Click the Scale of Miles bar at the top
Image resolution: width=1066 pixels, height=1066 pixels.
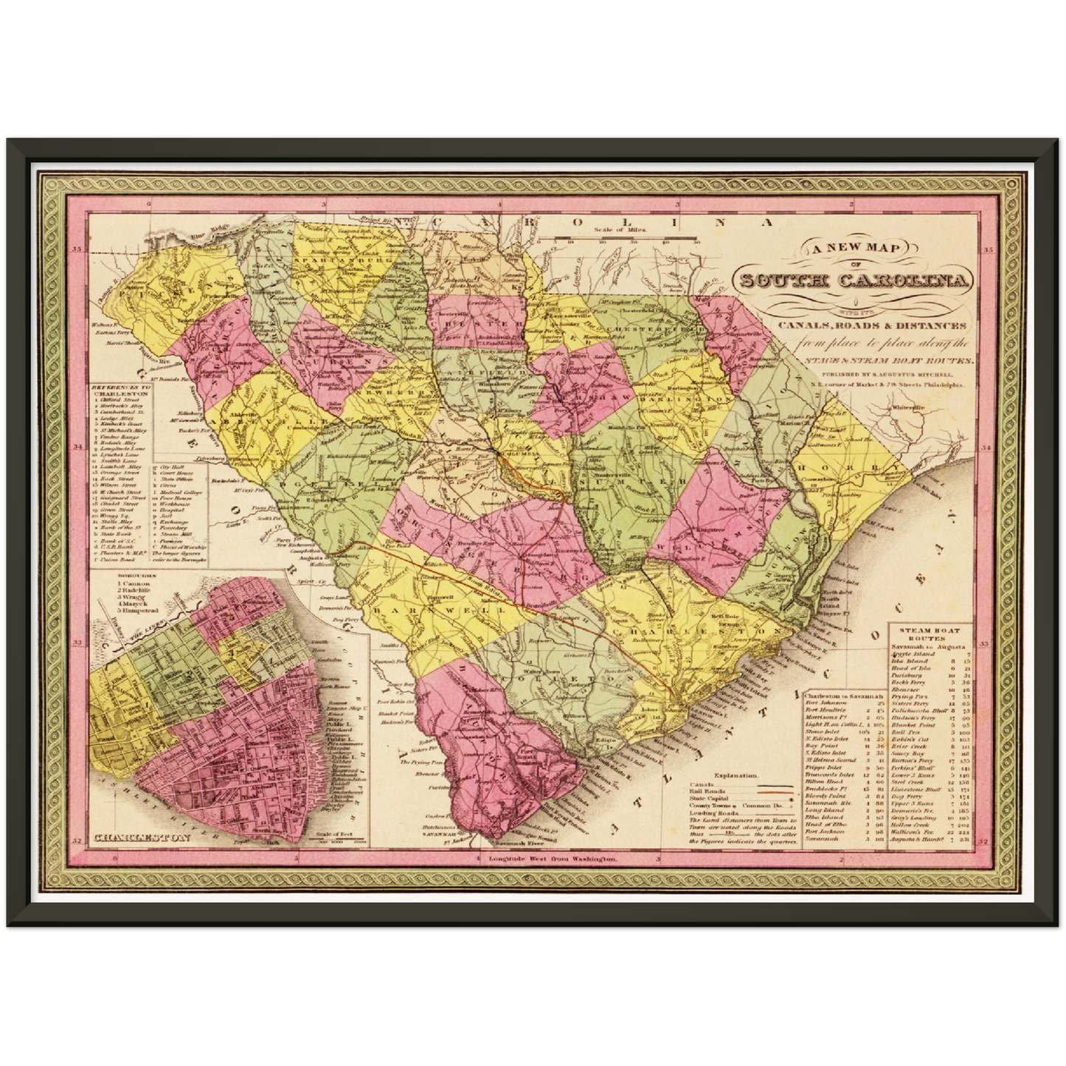click(619, 238)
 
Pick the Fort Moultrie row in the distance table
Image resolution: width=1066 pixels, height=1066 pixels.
click(824, 710)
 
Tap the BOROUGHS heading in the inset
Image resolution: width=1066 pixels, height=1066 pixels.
click(133, 573)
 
